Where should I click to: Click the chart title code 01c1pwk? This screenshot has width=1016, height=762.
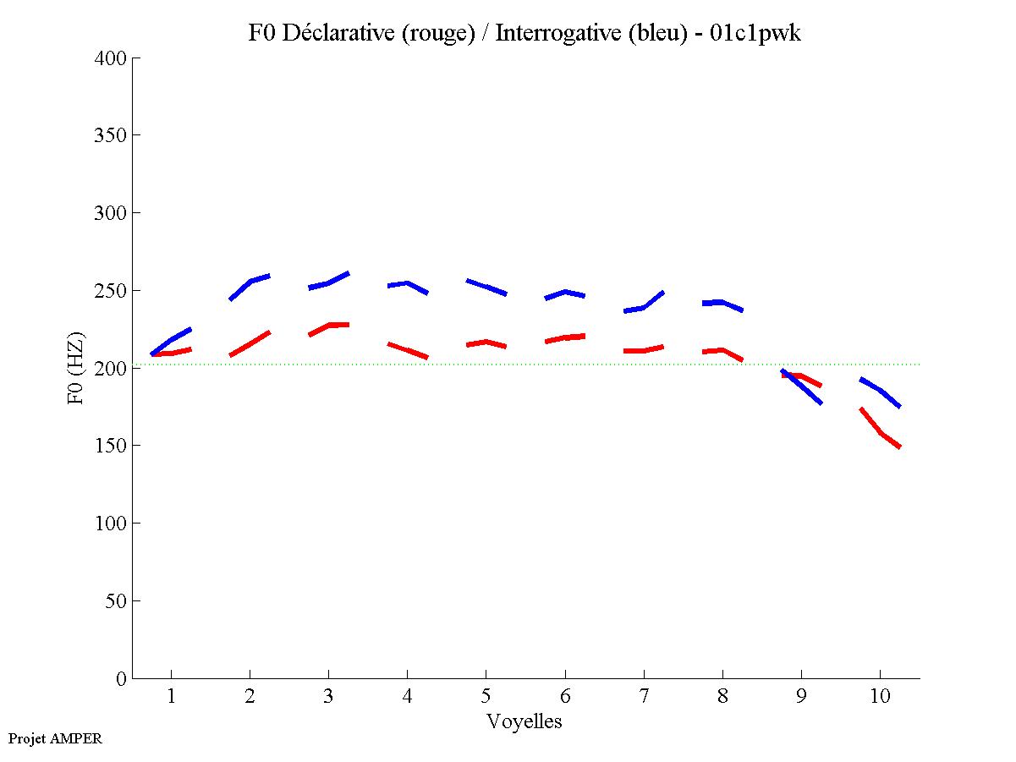pyautogui.click(x=755, y=33)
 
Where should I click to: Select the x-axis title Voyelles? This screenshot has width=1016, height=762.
pyautogui.click(x=524, y=721)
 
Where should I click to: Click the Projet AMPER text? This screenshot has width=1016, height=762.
pyautogui.click(x=55, y=738)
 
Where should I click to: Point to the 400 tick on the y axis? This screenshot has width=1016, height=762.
pyautogui.click(x=111, y=58)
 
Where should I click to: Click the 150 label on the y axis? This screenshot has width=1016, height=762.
pyautogui.click(x=111, y=446)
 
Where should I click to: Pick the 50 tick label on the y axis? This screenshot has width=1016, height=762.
pyautogui.click(x=117, y=601)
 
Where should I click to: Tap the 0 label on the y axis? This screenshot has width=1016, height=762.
pyautogui.click(x=122, y=678)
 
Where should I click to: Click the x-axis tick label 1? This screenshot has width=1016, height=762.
pyautogui.click(x=171, y=696)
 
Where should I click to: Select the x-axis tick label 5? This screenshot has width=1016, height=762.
pyautogui.click(x=486, y=696)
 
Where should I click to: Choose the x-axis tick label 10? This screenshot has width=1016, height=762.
pyautogui.click(x=880, y=696)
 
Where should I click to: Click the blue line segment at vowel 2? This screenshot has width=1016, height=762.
pyautogui.click(x=250, y=281)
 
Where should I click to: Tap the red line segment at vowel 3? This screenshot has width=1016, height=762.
pyautogui.click(x=328, y=326)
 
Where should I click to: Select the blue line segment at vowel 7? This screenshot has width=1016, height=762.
pyautogui.click(x=644, y=306)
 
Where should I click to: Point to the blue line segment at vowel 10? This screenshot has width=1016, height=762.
pyautogui.click(x=881, y=391)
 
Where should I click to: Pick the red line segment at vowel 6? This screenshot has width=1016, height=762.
pyautogui.click(x=565, y=337)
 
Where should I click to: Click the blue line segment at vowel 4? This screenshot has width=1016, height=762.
pyautogui.click(x=408, y=284)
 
